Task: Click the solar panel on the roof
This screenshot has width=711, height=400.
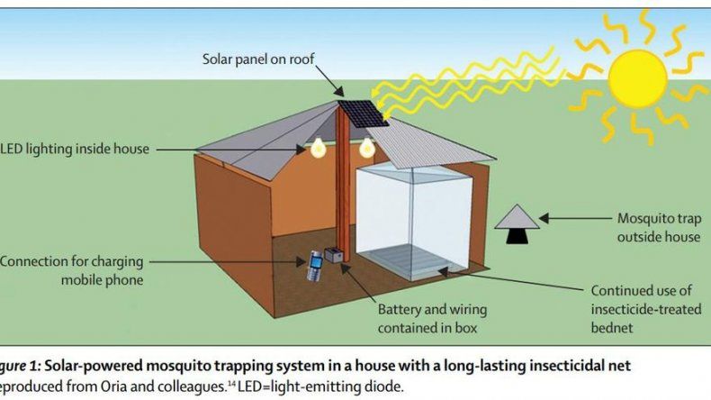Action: click(364, 113)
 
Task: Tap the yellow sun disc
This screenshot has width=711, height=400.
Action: click(637, 78)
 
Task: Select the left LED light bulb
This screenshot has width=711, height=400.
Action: click(319, 148)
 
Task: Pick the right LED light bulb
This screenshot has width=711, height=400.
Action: click(367, 148)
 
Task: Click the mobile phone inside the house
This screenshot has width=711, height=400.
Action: click(314, 266)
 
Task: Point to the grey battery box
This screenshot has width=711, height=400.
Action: click(333, 255)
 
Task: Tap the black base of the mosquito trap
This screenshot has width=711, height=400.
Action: click(517, 236)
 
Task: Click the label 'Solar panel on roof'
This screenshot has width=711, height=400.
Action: click(258, 59)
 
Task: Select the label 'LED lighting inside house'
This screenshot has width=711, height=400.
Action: click(75, 149)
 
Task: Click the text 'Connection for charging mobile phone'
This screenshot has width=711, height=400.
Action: click(72, 270)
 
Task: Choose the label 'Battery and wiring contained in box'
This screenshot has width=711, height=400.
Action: click(432, 319)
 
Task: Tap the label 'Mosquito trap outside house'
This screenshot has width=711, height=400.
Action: click(659, 227)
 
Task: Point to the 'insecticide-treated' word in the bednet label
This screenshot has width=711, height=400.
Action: click(645, 309)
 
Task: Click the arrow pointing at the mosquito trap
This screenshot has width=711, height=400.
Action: click(575, 218)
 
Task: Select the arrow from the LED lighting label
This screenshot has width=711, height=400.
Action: click(230, 149)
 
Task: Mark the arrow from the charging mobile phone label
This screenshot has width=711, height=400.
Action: click(227, 261)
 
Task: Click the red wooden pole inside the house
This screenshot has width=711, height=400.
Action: click(343, 182)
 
